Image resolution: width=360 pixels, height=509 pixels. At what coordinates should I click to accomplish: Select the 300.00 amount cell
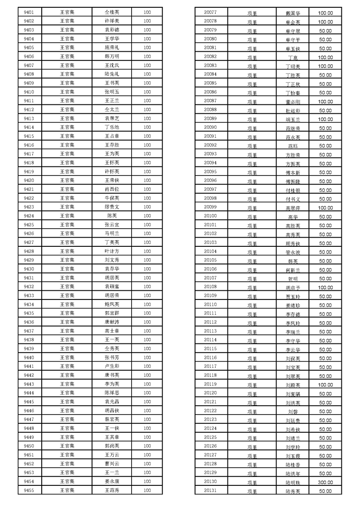325,482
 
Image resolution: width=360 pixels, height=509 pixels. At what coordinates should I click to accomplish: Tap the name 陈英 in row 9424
112,216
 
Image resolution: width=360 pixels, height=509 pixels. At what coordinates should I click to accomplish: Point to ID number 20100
210,216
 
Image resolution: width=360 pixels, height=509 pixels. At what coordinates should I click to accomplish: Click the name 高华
293,216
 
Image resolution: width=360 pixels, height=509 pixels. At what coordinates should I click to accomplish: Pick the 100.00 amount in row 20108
325,287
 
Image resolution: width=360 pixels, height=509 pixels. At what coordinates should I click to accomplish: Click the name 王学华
112,39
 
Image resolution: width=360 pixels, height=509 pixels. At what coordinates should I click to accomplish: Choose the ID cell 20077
210,12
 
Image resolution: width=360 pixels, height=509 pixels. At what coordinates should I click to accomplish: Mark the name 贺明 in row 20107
293,279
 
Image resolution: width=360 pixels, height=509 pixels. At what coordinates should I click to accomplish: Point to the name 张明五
112,92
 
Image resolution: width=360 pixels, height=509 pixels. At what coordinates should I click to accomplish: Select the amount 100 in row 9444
147,393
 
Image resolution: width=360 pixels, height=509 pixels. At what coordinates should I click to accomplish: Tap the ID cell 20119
210,384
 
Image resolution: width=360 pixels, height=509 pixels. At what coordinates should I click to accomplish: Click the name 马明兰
112,234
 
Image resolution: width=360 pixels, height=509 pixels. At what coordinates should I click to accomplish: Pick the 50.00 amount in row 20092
325,145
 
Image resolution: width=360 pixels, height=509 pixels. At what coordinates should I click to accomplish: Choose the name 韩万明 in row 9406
112,57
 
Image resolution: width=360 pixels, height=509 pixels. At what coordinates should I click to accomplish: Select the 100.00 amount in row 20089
325,119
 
